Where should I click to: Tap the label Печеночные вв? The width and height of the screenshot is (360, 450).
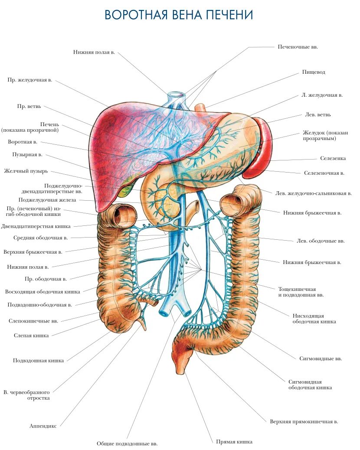click(x=298, y=46)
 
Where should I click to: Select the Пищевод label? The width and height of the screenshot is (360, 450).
click(x=314, y=72)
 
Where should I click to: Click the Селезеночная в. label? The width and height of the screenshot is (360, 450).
click(x=324, y=173)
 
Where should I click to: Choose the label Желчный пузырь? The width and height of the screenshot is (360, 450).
click(x=26, y=171)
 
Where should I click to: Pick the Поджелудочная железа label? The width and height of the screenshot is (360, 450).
click(x=47, y=200)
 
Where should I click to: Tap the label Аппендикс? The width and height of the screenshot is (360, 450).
click(x=43, y=426)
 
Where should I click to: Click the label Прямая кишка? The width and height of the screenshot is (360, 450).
click(x=234, y=442)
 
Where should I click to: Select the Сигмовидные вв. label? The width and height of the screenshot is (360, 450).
click(x=321, y=359)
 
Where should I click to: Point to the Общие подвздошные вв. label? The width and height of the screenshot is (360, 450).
click(x=127, y=443)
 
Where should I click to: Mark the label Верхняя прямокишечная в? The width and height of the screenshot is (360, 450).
click(x=304, y=421)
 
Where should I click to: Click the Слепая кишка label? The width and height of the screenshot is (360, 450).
click(x=31, y=335)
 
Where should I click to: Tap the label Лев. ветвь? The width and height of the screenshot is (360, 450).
click(x=318, y=115)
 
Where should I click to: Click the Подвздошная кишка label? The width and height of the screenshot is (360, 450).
click(x=39, y=360)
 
